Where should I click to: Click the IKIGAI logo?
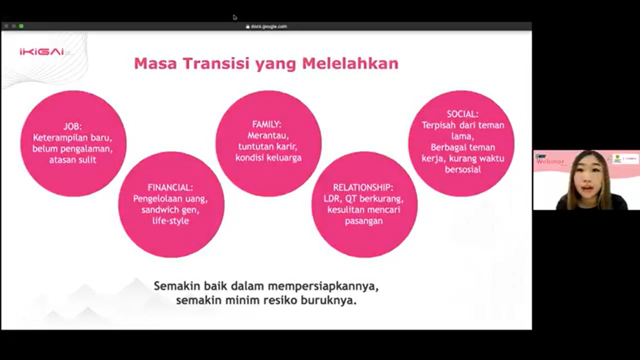(42, 52)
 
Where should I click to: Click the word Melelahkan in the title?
(350, 64)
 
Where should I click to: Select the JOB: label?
(72, 126)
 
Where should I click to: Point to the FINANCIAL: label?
(170, 187)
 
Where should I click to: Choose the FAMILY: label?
(266, 124)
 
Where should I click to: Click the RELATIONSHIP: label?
(363, 187)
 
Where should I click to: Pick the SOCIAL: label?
(462, 114)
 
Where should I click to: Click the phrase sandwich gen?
(170, 209)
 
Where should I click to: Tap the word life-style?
(170, 220)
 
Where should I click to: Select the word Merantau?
(268, 135)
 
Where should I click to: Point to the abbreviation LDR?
(331, 198)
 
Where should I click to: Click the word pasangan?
(363, 220)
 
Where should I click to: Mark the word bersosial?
(462, 169)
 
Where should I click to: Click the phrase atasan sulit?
(72, 160)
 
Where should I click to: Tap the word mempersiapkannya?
(323, 286)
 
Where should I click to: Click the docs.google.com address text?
(269, 26)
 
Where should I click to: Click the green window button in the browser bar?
(21, 26)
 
